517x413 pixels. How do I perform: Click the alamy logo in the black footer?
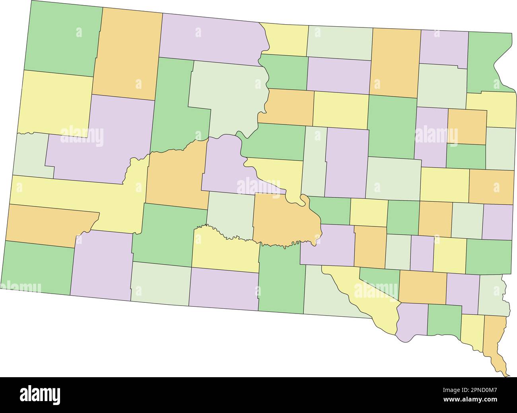click(x=40, y=395)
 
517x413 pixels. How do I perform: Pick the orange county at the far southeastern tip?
click(x=496, y=338)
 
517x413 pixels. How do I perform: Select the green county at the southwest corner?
click(x=38, y=267)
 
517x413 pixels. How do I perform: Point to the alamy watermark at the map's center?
click(x=258, y=186)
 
